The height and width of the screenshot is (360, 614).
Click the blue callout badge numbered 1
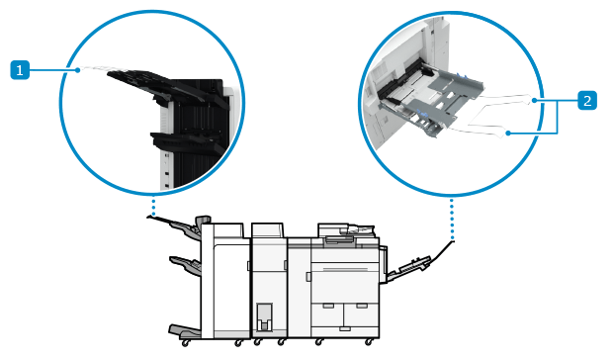[20, 70]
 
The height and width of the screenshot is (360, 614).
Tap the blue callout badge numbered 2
[587, 100]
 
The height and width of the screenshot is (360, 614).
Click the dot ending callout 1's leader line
[78, 70]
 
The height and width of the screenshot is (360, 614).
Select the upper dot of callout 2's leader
[535, 101]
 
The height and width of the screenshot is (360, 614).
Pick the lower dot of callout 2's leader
[508, 134]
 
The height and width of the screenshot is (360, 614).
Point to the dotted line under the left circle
[153, 207]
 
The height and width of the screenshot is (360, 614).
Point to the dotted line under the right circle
[452, 220]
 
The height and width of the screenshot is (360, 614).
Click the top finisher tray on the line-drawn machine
[176, 225]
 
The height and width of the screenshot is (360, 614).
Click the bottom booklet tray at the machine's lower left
[185, 331]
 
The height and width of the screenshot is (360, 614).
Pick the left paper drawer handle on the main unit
[328, 305]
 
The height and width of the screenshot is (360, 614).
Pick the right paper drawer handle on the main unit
[362, 305]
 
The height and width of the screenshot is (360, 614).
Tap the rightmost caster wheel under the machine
[369, 342]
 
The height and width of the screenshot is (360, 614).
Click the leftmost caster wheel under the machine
[185, 343]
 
